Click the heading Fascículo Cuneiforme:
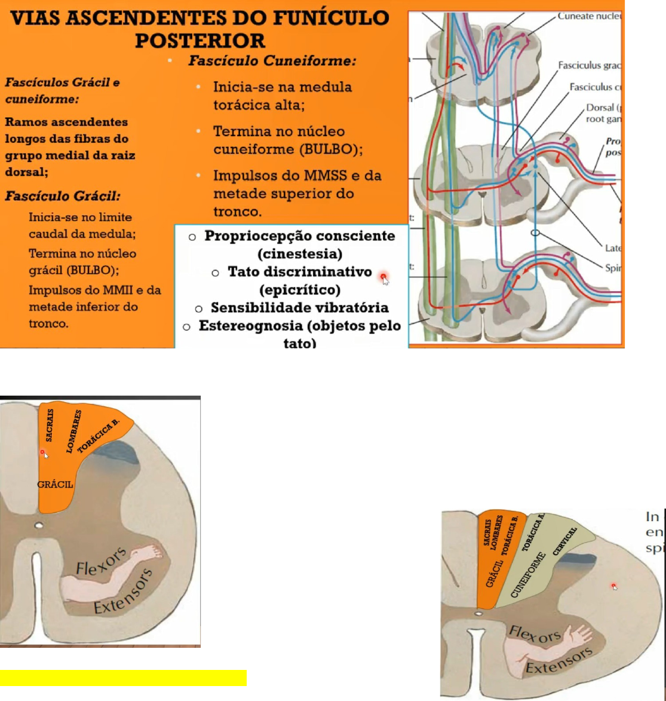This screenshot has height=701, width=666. click(272, 61)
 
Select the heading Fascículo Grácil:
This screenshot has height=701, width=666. click(63, 196)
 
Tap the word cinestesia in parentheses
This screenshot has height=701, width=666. click(300, 254)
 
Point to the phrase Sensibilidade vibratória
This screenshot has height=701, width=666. click(299, 308)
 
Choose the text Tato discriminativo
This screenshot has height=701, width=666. click(299, 272)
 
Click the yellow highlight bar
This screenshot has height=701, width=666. click(123, 678)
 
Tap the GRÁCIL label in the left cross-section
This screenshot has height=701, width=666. click(55, 485)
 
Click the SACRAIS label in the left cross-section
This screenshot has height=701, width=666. click(50, 425)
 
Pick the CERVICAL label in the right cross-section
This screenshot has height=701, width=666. click(564, 541)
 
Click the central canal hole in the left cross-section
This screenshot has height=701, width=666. click(39, 526)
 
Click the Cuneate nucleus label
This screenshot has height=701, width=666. click(588, 16)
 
